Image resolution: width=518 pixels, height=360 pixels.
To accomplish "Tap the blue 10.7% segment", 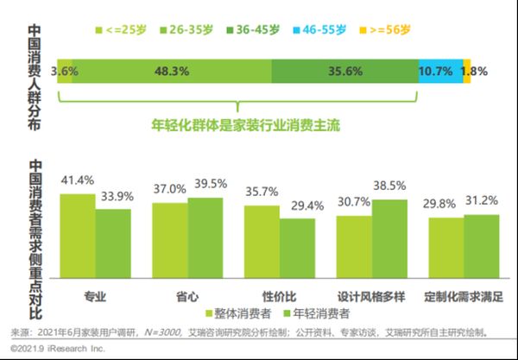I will pyautogui.click(x=439, y=72).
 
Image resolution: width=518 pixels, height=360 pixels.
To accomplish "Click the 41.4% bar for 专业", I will pyautogui.click(x=77, y=234).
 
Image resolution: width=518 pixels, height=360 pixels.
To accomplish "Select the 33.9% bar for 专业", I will pyautogui.click(x=113, y=241).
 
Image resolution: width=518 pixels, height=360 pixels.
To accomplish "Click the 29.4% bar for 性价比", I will pyautogui.click(x=297, y=246).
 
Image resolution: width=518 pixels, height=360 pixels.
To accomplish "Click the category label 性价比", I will pyautogui.click(x=279, y=296).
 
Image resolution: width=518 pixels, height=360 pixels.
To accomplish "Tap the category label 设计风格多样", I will pyautogui.click(x=371, y=296).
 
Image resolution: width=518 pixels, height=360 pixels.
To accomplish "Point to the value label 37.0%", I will pyautogui.click(x=169, y=188).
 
